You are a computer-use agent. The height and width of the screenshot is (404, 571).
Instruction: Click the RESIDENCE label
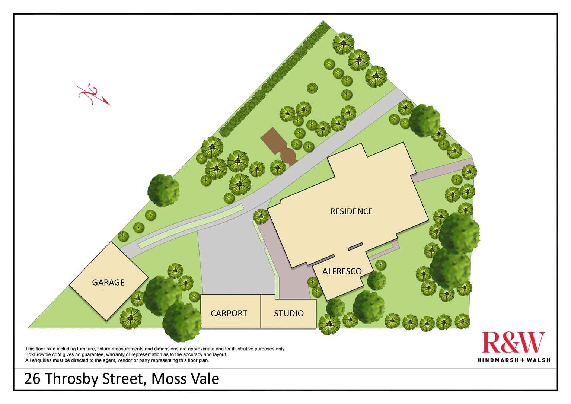pyautogui.click(x=351, y=211)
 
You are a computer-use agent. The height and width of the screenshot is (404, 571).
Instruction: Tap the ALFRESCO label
pyautogui.click(x=342, y=271)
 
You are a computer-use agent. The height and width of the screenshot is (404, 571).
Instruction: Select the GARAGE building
pyautogui.click(x=108, y=282)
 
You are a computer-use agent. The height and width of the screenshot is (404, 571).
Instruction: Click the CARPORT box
pyautogui.click(x=229, y=313)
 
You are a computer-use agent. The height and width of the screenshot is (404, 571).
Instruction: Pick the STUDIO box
pyautogui.click(x=289, y=313)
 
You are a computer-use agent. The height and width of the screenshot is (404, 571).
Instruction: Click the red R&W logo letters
pyautogui.click(x=513, y=343)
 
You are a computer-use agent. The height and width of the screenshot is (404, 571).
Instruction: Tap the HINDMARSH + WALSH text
pyautogui.click(x=513, y=360)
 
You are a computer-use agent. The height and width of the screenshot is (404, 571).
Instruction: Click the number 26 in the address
pyautogui.click(x=32, y=379)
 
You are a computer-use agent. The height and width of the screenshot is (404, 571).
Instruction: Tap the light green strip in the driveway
pyautogui.click(x=190, y=226)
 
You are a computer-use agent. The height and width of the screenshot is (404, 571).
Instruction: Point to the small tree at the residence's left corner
pyautogui.click(x=261, y=216)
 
